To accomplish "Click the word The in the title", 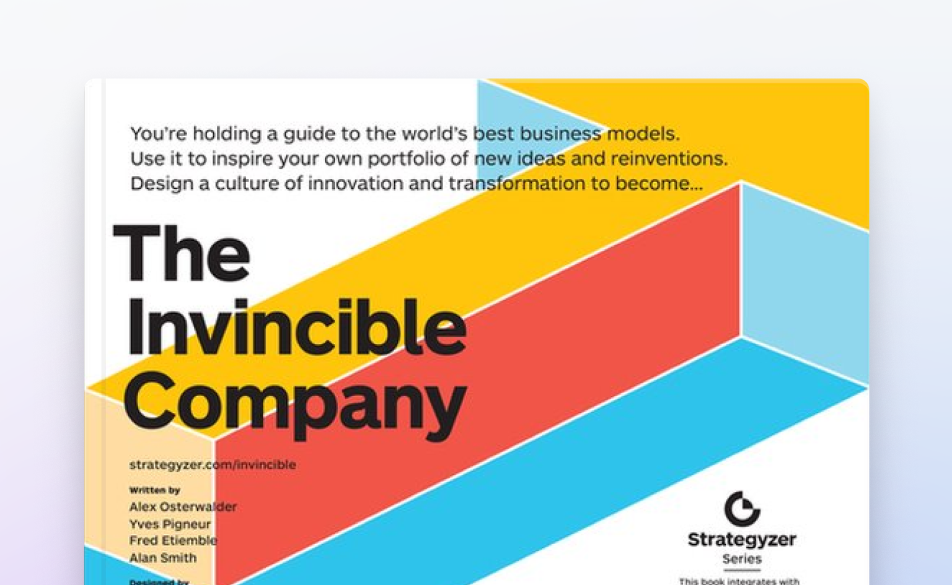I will (x=182, y=253).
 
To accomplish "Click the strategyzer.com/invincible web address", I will (x=213, y=464).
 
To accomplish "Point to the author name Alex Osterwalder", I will (x=183, y=506).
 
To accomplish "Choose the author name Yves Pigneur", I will (x=170, y=524).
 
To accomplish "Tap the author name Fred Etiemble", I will (x=173, y=540).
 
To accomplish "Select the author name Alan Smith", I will (x=163, y=557).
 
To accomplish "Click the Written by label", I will (x=154, y=490).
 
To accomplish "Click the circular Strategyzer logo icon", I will (x=742, y=509).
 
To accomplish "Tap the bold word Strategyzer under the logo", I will (x=742, y=539).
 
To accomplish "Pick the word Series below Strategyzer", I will (x=742, y=559).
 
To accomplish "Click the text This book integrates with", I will (x=739, y=581).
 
